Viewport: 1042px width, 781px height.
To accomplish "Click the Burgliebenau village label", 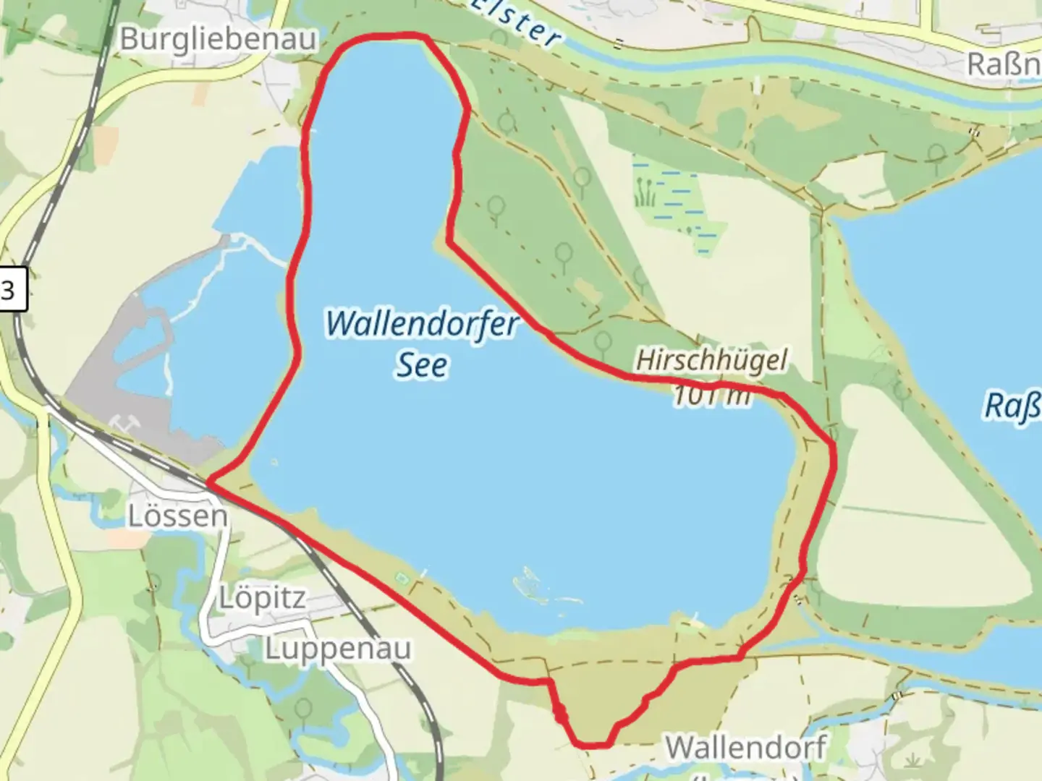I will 218,39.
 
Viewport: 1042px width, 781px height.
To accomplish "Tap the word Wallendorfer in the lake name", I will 423,323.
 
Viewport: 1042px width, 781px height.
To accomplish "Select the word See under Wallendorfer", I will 422,365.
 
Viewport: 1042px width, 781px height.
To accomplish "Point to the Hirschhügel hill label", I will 711,359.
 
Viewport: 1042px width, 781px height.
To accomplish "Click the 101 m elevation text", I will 711,396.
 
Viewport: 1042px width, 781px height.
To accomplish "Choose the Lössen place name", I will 177,516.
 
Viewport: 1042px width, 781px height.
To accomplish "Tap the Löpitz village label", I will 263,599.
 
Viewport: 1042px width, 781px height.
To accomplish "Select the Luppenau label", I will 337,649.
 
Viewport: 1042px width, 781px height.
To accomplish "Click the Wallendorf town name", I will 745,748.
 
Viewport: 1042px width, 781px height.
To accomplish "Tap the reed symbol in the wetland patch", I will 645,193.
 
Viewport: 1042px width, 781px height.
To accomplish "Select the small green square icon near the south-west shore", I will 401,578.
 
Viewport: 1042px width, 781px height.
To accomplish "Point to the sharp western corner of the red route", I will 210,481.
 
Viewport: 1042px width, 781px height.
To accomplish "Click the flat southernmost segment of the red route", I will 592,743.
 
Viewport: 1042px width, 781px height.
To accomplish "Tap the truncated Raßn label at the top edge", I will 1004,65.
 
